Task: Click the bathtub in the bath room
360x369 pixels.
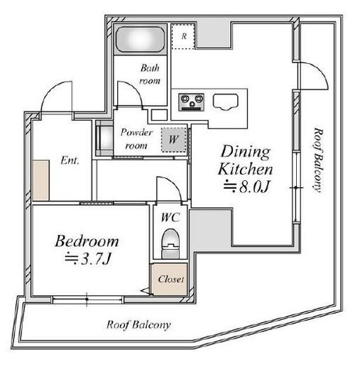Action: pyautogui.click(x=140, y=40)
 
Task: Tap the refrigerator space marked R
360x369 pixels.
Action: pyautogui.click(x=183, y=36)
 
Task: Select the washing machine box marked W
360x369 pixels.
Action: pyautogui.click(x=173, y=140)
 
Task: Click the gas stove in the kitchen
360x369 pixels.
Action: pyautogui.click(x=191, y=102)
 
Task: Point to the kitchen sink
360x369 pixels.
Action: pyautogui.click(x=225, y=101)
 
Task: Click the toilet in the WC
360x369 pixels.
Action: pyautogui.click(x=170, y=243)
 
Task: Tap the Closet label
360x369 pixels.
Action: pyautogui.click(x=171, y=280)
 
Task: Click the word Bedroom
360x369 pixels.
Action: pyautogui.click(x=87, y=241)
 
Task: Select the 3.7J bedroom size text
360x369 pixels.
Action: pyautogui.click(x=88, y=259)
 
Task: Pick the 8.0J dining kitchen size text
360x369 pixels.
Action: pyautogui.click(x=246, y=187)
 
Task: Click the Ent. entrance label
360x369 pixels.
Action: pyautogui.click(x=70, y=160)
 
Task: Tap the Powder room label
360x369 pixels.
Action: pyautogui.click(x=136, y=139)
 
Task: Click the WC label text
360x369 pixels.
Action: pyautogui.click(x=170, y=218)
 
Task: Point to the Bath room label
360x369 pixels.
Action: pyautogui.click(x=150, y=75)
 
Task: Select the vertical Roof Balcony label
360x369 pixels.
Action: pyautogui.click(x=319, y=160)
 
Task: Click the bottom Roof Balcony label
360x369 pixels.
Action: pyautogui.click(x=138, y=324)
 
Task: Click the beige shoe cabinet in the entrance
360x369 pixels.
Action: pyautogui.click(x=41, y=180)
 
